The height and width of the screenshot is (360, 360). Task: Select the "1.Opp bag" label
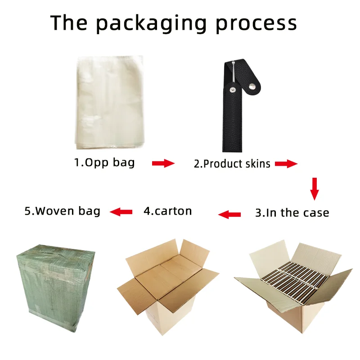(x=104, y=162)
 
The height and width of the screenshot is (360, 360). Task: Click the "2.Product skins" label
(x=232, y=163)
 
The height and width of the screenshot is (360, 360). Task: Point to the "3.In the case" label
(x=292, y=213)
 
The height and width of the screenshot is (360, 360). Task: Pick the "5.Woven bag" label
(x=62, y=211)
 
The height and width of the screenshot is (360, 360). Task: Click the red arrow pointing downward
(x=315, y=189)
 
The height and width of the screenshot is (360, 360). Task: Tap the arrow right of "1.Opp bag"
(x=163, y=163)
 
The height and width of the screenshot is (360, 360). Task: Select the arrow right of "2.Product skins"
(x=286, y=164)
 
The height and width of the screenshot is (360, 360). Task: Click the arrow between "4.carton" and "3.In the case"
(x=229, y=215)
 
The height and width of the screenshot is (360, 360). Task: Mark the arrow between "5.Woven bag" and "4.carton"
(x=121, y=211)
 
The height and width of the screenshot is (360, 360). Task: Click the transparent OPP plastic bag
(x=109, y=102)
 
